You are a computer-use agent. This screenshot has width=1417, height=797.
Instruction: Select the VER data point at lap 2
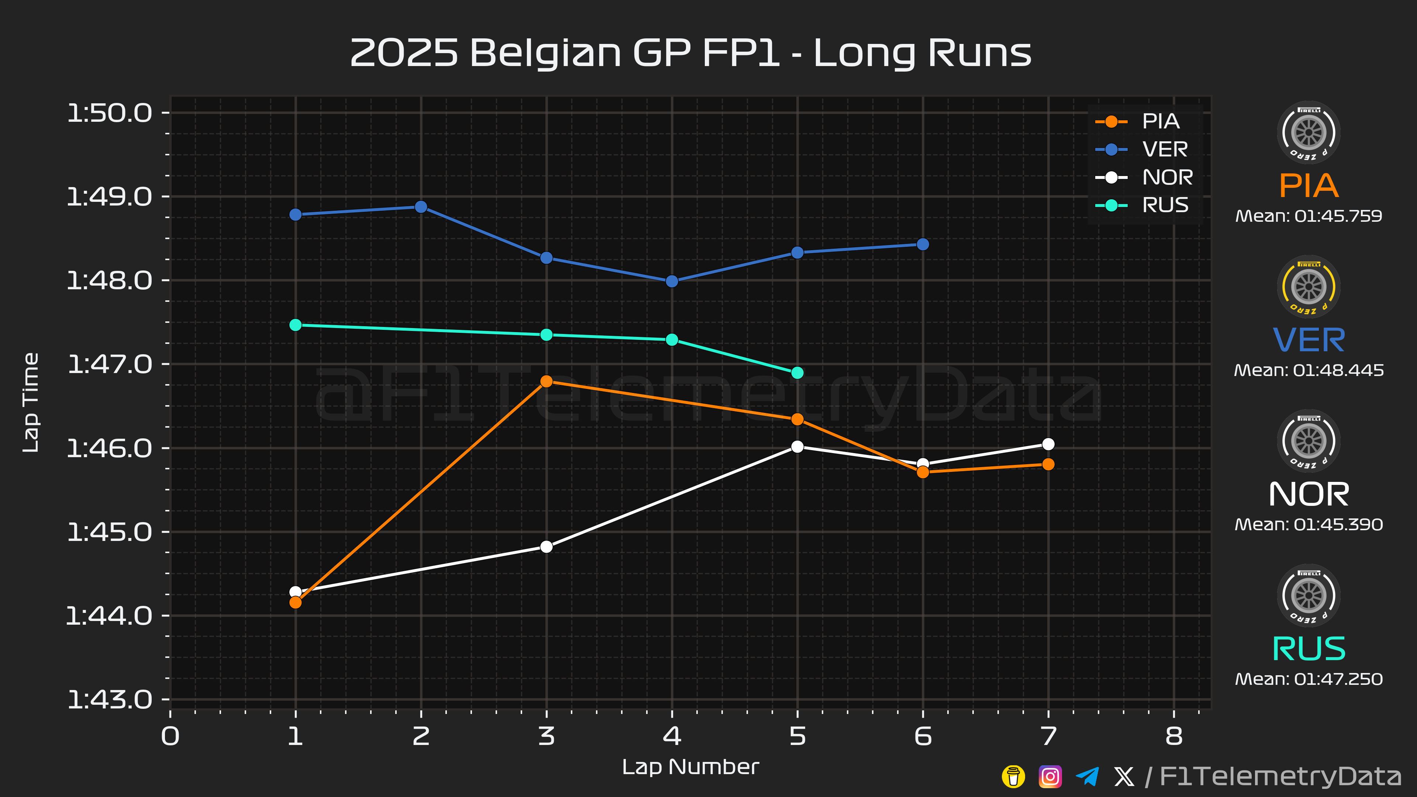(x=421, y=207)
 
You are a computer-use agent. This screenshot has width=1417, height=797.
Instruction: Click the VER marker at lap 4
(x=672, y=281)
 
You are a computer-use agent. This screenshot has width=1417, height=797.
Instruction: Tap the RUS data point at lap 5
(x=797, y=373)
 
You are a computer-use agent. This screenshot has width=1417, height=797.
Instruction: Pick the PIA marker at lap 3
(x=546, y=381)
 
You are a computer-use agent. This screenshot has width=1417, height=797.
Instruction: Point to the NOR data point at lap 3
(x=546, y=547)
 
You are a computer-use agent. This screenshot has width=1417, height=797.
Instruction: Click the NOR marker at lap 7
(x=1048, y=444)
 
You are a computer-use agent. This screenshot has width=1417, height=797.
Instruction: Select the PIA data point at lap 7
(x=1048, y=464)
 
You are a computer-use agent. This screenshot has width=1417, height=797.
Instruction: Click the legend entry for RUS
(x=1141, y=205)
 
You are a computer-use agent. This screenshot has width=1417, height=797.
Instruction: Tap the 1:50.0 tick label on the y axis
(x=110, y=113)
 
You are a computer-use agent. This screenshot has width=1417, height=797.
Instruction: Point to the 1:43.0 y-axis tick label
(x=110, y=700)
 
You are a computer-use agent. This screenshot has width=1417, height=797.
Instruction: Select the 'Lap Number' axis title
(x=690, y=767)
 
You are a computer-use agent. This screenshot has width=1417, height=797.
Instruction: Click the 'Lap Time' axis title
(x=31, y=403)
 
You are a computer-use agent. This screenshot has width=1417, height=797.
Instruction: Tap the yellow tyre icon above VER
(x=1309, y=287)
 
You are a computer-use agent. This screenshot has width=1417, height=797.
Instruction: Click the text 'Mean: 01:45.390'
(x=1309, y=524)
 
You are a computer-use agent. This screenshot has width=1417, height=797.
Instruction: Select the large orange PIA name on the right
(x=1309, y=185)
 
